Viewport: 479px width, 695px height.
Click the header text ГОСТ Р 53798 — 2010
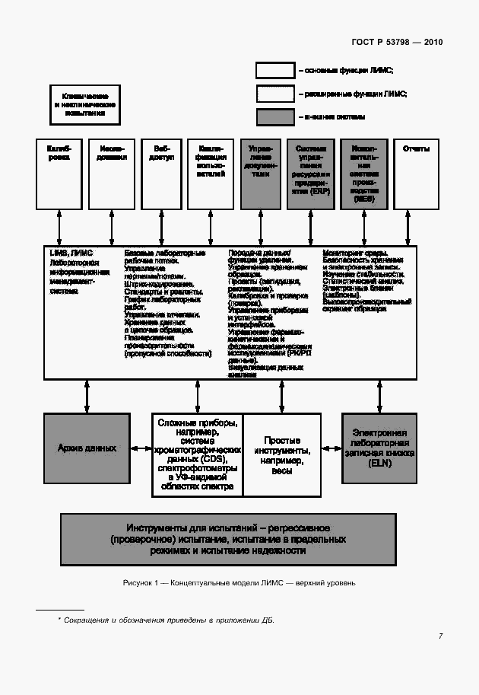point(397,43)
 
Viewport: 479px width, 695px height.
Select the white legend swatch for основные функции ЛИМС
point(275,70)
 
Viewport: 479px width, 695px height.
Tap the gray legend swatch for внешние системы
point(275,117)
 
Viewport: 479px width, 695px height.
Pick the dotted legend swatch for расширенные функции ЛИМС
point(275,94)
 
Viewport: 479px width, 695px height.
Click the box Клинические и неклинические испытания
point(85,104)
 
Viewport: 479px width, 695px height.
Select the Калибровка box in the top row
point(59,174)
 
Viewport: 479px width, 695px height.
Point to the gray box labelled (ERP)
point(310,174)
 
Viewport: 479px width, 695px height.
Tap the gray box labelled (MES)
point(363,174)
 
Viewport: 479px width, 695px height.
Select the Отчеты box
point(416,174)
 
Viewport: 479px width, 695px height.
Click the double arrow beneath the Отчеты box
point(416,227)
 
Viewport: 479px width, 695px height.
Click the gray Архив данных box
point(87,448)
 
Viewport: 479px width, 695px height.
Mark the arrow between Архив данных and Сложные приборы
point(141,448)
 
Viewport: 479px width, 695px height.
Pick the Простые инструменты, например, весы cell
point(281,455)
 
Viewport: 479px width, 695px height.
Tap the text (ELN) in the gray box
point(379,463)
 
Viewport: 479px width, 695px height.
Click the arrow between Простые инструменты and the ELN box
point(331,448)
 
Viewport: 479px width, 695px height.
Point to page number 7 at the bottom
point(440,636)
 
